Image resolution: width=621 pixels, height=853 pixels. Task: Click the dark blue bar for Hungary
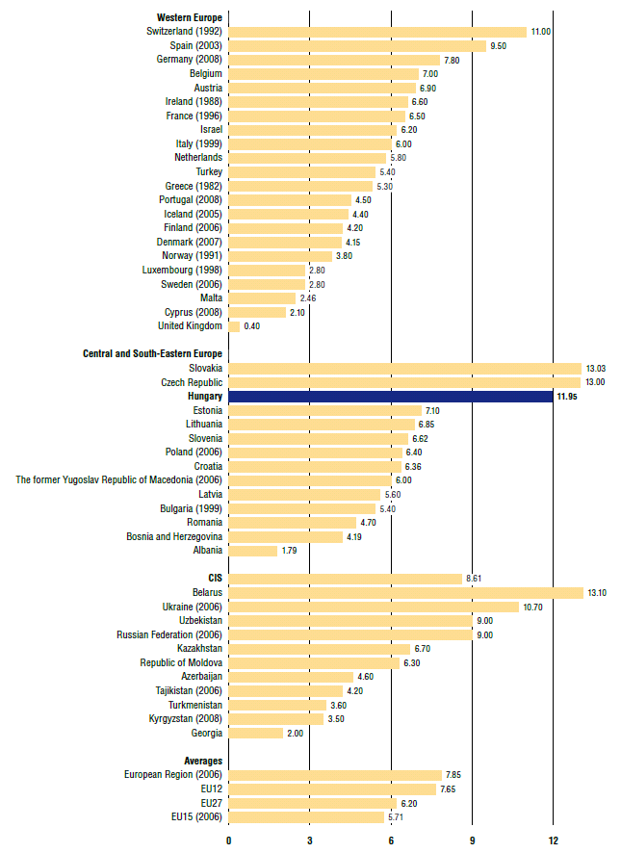390,397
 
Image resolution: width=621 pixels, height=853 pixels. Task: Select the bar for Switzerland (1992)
377,32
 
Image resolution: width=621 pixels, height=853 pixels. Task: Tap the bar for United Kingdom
234,326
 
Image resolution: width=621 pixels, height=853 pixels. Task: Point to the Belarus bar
405,593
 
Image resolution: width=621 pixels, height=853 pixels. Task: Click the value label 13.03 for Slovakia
596,369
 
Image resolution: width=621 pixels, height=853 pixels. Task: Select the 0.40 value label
252,326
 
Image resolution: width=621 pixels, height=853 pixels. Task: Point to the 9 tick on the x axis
473,840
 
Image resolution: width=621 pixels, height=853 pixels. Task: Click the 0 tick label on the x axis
229,840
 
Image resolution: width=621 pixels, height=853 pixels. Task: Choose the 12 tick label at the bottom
554,840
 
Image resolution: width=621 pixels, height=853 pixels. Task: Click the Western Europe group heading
190,17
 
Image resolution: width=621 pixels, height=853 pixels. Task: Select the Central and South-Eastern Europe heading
152,354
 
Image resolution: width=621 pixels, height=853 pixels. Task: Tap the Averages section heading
202,761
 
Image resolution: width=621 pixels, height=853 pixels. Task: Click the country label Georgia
206,733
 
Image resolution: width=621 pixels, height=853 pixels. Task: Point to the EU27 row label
211,803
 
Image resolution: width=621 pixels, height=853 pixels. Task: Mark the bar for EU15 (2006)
306,817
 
